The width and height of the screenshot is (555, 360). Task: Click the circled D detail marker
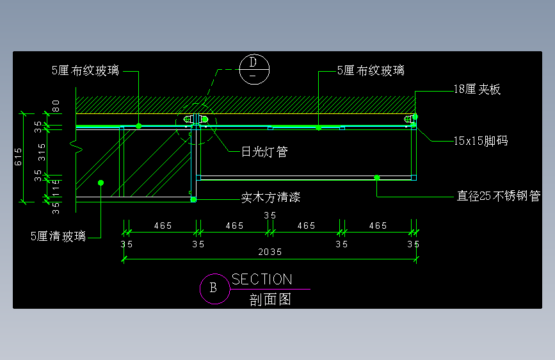tap(253, 69)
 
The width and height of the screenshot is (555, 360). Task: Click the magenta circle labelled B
tap(213, 288)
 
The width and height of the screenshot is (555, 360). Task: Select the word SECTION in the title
tap(262, 279)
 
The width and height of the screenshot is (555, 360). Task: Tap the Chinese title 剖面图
tap(270, 299)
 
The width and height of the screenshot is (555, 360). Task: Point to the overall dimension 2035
tap(270, 252)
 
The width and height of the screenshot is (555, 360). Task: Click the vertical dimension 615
tap(18, 157)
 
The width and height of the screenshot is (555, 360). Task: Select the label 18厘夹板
tap(476, 90)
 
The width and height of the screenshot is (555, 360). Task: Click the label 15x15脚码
tap(480, 140)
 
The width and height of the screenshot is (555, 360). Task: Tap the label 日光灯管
tap(264, 152)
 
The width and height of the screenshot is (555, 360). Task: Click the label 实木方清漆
tap(271, 198)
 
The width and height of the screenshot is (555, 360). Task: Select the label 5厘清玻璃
tap(58, 236)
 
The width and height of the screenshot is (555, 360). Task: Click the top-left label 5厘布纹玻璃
tap(85, 70)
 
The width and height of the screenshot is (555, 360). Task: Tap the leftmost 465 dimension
tap(163, 225)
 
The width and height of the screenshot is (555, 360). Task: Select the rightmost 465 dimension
tap(378, 225)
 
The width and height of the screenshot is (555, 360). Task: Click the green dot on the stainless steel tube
tap(377, 177)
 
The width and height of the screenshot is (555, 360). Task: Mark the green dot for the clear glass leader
tap(101, 183)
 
